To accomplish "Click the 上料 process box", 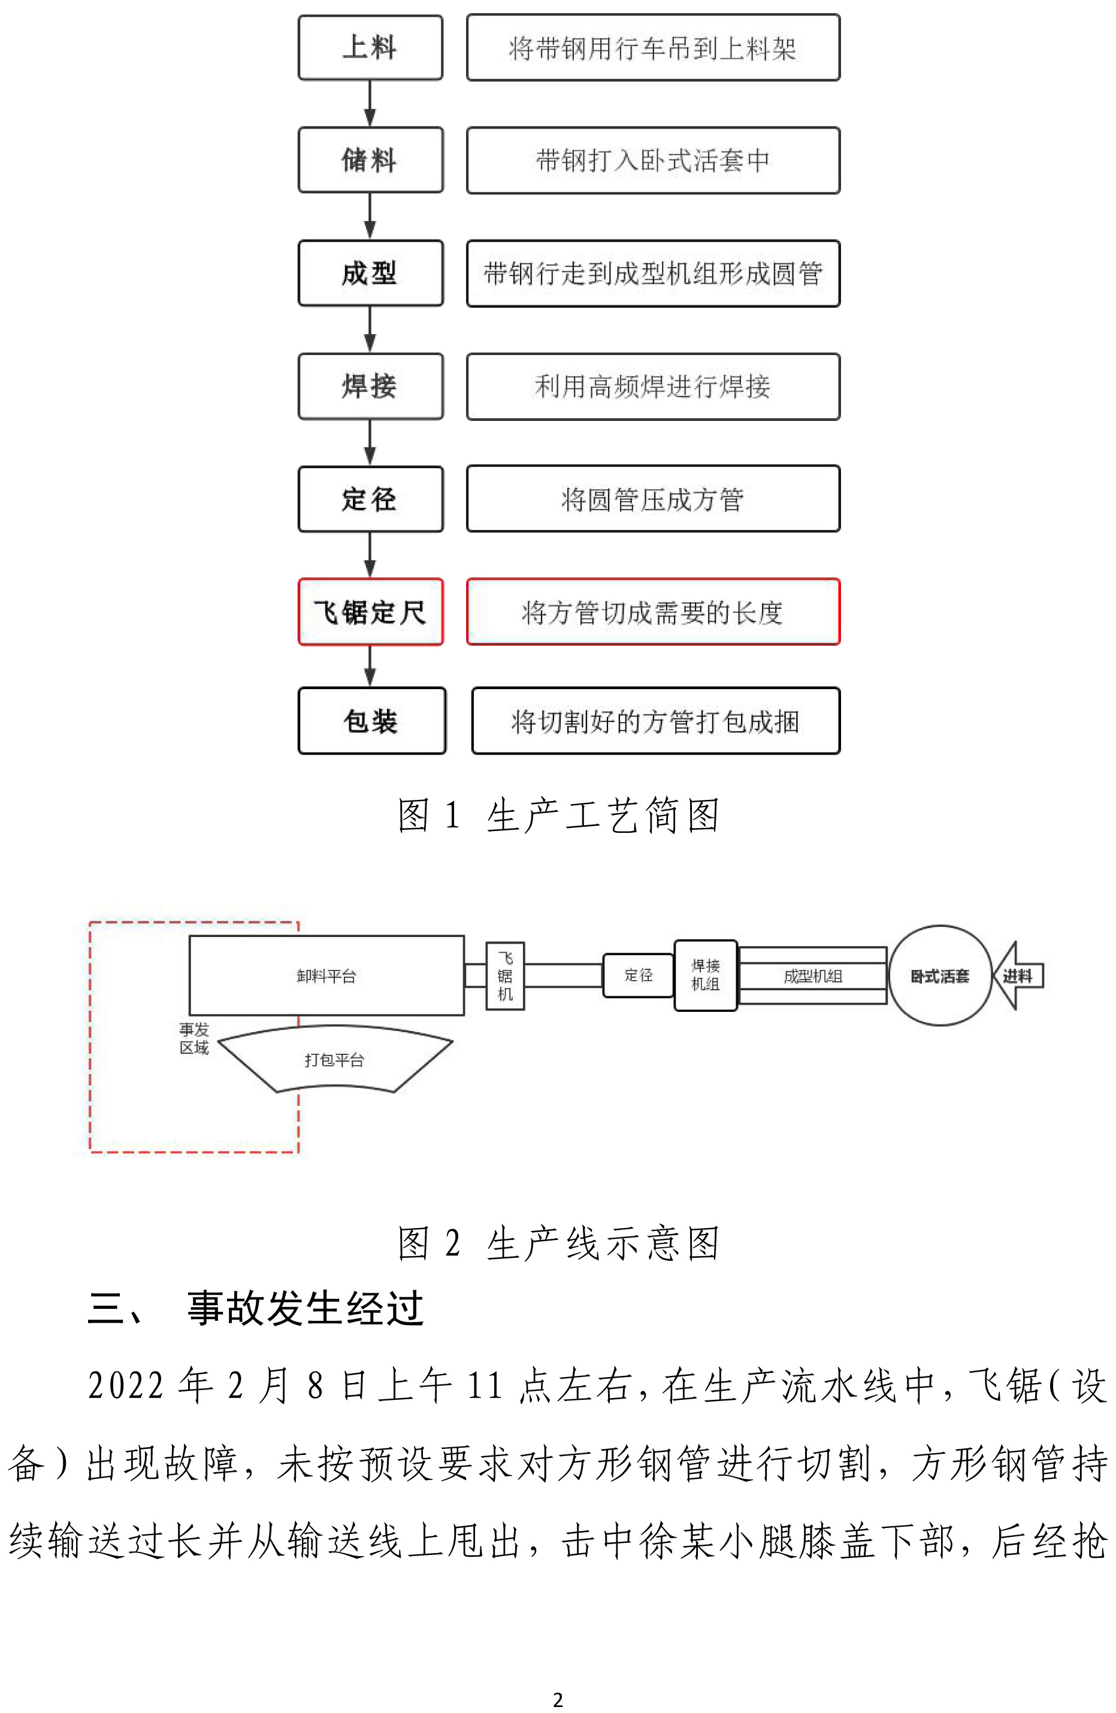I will pyautogui.click(x=370, y=47).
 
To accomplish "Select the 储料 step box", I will pyautogui.click(x=370, y=160).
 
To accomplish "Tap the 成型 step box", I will pyautogui.click(x=370, y=273).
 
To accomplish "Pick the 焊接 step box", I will pyautogui.click(x=370, y=386).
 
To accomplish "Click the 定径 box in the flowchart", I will pyautogui.click(x=370, y=499).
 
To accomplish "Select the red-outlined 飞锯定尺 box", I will pyautogui.click(x=370, y=612).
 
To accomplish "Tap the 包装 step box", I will pyautogui.click(x=371, y=720).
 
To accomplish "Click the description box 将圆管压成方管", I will pyautogui.click(x=652, y=499).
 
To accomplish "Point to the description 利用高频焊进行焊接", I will pyautogui.click(x=652, y=386).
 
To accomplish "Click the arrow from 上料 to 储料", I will pyautogui.click(x=370, y=104).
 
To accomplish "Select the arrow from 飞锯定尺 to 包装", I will pyautogui.click(x=370, y=666).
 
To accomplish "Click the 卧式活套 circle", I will pyautogui.click(x=940, y=976).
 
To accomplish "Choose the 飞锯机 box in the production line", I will pyautogui.click(x=505, y=976).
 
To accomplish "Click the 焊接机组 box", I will pyautogui.click(x=705, y=975).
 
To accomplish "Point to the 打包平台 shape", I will pyautogui.click(x=335, y=1059).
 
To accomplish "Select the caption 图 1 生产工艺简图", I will pyautogui.click(x=558, y=815).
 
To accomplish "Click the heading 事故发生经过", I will pyautogui.click(x=304, y=1308).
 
